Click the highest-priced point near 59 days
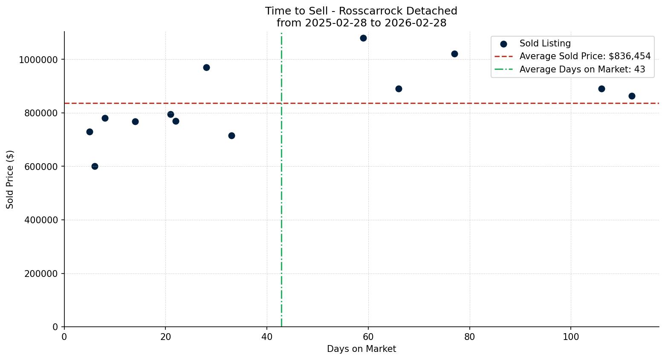pos(363,38)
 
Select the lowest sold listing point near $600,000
pos(95,166)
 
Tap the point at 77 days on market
pos(454,54)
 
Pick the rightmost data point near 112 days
pos(632,96)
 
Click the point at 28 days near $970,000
pos(206,67)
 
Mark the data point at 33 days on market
pos(231,135)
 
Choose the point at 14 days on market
pos(135,121)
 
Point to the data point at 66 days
pos(399,89)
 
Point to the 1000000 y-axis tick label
pos(38,60)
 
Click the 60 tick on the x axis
pos(368,337)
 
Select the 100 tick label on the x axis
pos(571,337)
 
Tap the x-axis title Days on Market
pos(361,349)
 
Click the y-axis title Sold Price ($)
pos(10,179)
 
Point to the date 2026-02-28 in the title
pos(416,23)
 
